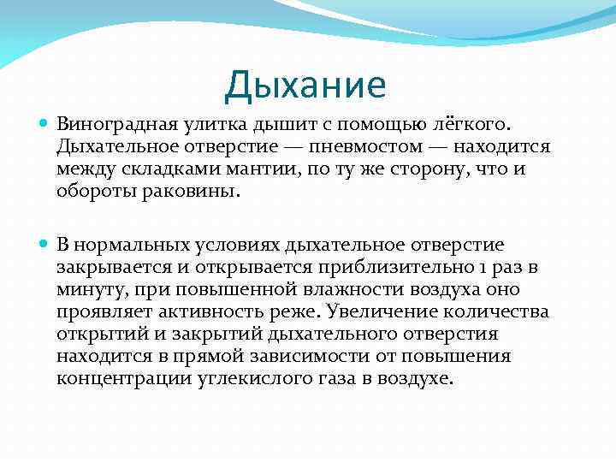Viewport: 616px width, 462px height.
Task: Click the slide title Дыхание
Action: [305, 86]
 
